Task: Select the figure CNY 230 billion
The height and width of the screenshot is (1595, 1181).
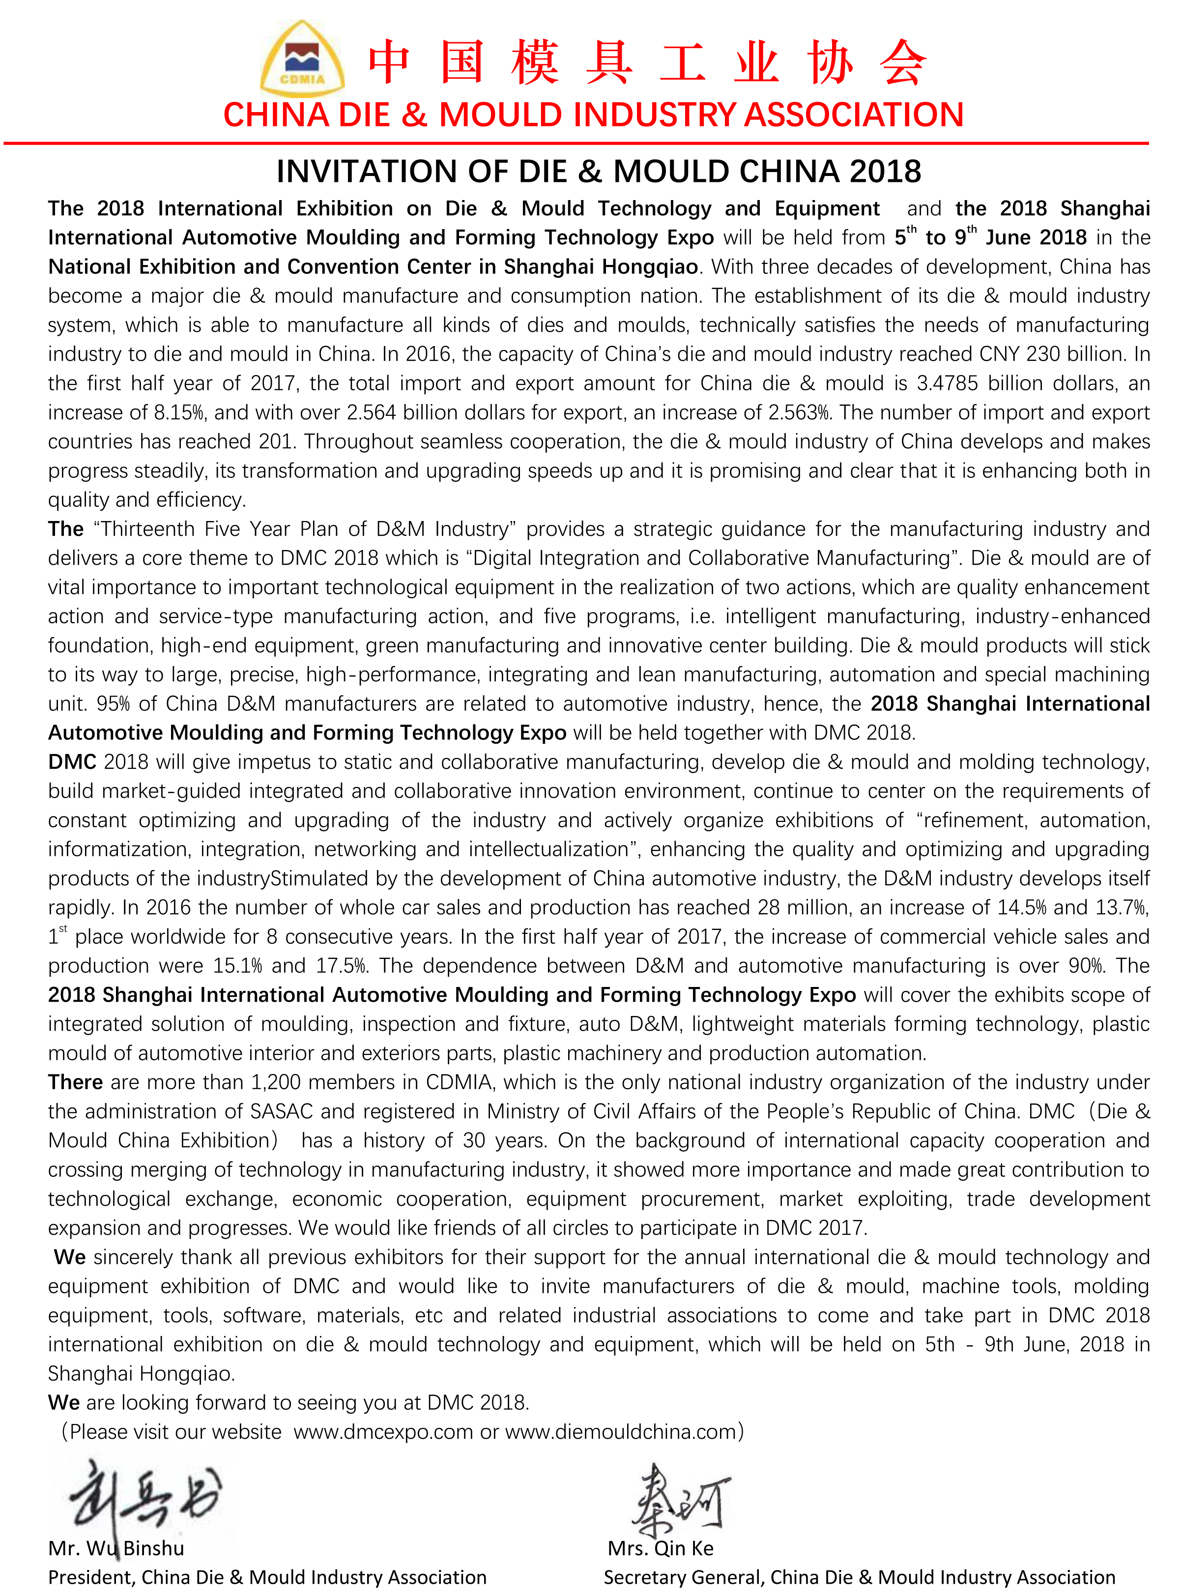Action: pos(1057,354)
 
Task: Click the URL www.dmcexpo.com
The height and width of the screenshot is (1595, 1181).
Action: pos(383,1432)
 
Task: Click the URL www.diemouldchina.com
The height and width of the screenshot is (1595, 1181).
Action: pos(621,1432)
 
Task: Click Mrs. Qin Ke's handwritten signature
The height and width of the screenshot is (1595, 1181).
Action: pos(679,1498)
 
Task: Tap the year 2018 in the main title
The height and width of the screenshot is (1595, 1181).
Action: pos(885,172)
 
